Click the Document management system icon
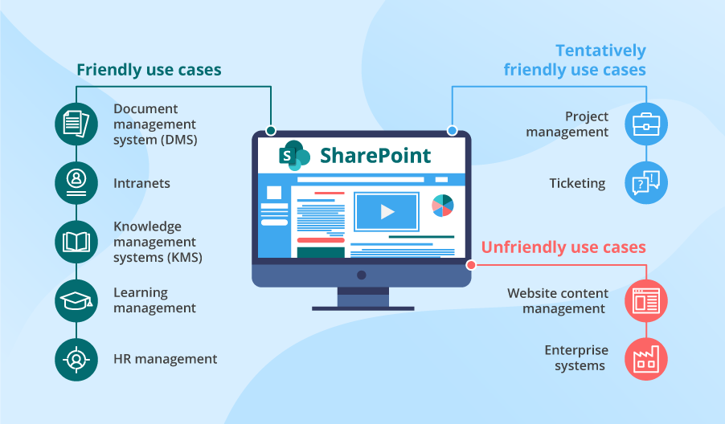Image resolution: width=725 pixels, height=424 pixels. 76,124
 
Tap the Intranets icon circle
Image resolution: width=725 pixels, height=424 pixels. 76,182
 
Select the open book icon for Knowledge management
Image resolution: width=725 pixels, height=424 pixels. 76,242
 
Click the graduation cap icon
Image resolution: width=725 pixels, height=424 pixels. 76,300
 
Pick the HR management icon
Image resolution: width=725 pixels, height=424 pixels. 76,359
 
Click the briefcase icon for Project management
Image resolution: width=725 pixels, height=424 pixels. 646,124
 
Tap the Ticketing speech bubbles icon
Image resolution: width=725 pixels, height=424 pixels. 646,183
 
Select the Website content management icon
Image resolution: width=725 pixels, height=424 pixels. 646,300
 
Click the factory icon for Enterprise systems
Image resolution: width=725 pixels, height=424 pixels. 646,358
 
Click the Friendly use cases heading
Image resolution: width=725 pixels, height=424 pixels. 149,70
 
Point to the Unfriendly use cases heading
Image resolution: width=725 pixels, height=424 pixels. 563,247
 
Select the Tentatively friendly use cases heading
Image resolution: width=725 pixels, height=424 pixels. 575,60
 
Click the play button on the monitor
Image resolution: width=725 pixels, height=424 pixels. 387,212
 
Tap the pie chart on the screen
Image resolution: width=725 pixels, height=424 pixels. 443,206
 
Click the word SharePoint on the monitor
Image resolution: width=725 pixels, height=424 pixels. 375,155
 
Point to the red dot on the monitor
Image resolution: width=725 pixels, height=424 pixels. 471,265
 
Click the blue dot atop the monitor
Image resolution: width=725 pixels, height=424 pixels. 452,130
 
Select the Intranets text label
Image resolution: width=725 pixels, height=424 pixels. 141,183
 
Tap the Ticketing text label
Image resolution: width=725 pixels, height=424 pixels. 577,183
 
